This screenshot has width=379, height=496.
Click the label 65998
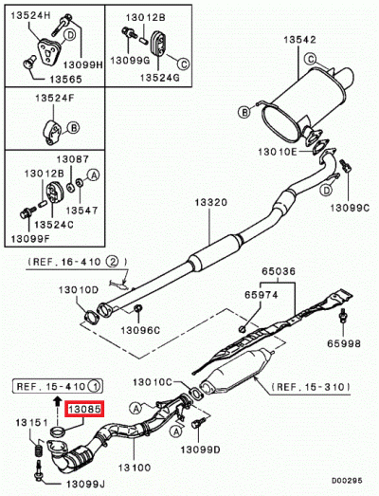click(345, 347)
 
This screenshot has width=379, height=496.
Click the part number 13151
click(29, 422)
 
